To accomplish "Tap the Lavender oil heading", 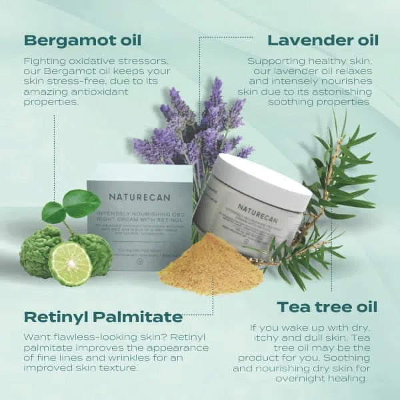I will [x=322, y=41].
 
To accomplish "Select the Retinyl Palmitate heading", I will [x=103, y=316].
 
